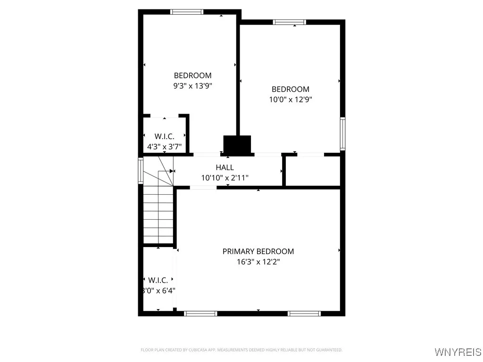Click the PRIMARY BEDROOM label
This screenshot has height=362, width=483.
tap(258, 252)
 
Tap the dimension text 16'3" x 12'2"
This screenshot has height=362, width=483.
tap(258, 262)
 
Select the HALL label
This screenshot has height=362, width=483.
tap(225, 167)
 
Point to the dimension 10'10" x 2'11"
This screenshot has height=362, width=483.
tap(225, 178)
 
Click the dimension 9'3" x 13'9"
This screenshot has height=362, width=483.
tap(192, 86)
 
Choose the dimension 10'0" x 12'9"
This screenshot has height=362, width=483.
tap(290, 99)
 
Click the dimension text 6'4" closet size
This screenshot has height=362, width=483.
tap(160, 291)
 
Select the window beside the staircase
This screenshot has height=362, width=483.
tap(141, 170)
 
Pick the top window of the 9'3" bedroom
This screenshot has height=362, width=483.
tap(187, 12)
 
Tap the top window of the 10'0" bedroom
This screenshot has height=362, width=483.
tap(289, 22)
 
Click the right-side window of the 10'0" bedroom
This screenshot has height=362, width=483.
tap(342, 132)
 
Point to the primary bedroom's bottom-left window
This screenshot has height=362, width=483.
tap(200, 313)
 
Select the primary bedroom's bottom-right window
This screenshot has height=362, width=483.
tap(305, 313)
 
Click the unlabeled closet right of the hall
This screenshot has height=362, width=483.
tap(313, 171)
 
